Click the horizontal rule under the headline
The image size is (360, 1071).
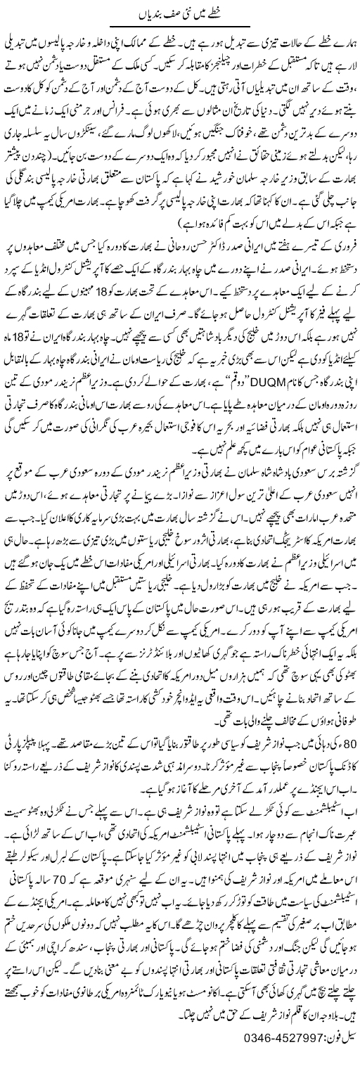pos(180,25)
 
